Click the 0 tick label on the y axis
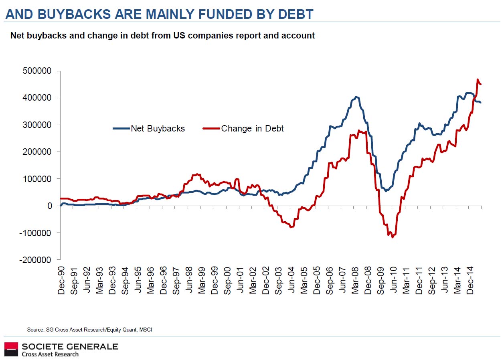pos(50,206)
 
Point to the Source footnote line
pos(89,330)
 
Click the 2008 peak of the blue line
pos(356,97)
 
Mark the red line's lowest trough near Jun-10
pos(392,237)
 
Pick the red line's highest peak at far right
pos(478,79)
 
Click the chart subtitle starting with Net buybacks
pos(162,35)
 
